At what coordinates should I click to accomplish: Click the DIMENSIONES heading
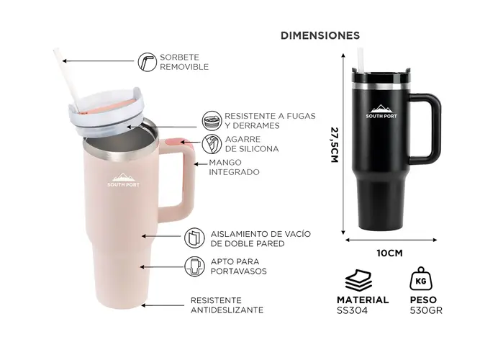320,35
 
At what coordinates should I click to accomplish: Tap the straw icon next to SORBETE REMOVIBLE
148,62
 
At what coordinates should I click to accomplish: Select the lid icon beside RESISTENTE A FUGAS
212,121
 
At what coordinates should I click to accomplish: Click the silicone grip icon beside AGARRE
212,144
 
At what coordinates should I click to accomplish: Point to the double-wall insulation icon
194,238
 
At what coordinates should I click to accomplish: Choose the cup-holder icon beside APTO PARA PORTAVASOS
194,266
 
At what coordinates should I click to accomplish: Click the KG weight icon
421,279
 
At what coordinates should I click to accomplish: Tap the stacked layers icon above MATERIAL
358,280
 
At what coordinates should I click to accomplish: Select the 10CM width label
390,253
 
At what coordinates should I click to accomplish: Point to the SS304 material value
352,310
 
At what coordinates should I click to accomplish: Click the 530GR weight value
426,310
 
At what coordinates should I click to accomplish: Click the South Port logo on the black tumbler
381,112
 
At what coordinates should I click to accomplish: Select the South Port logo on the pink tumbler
123,180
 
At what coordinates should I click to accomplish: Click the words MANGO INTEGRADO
234,167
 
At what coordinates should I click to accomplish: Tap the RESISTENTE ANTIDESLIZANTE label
227,305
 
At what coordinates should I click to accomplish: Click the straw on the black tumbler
361,60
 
